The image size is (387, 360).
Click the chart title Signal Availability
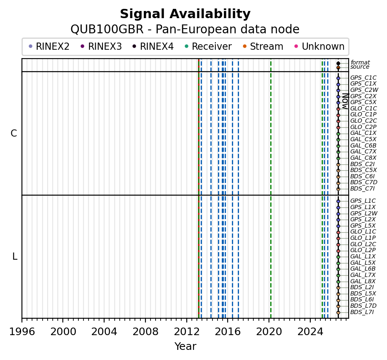click(185, 14)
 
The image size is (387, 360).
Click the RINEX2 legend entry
click(49, 46)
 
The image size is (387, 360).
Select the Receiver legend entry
click(208, 46)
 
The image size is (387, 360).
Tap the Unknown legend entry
click(320, 46)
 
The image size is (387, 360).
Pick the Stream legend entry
click(263, 46)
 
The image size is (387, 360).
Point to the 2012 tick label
click(187, 332)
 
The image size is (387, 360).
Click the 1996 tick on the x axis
click(22, 320)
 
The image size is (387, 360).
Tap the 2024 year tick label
click(310, 332)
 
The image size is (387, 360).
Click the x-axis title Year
click(185, 347)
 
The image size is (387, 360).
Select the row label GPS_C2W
click(364, 90)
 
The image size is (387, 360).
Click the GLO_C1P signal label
click(363, 115)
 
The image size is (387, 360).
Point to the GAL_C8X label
click(363, 158)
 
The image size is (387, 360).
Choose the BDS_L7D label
click(363, 306)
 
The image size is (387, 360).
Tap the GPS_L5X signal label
click(363, 226)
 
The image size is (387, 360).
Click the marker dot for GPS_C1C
click(338, 78)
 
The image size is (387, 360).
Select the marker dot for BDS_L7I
click(338, 312)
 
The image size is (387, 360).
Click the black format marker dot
click(338, 63)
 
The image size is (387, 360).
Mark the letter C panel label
click(14, 134)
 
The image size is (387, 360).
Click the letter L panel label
click(15, 257)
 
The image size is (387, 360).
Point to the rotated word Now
click(346, 102)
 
